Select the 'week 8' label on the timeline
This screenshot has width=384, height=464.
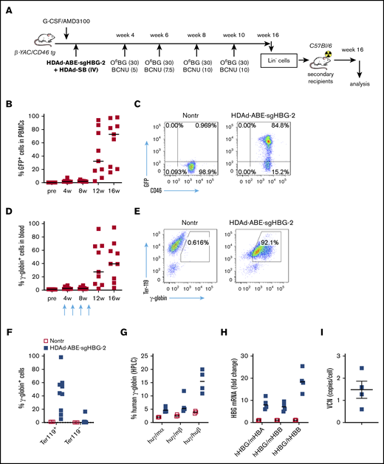[196, 34]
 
